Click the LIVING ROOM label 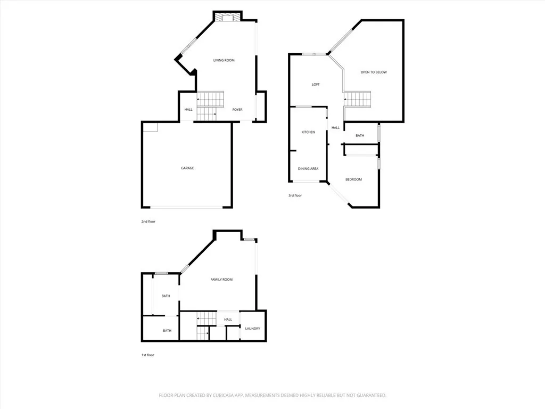[224, 60]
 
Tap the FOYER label [237, 110]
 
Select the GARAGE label [187, 168]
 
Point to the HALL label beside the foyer [188, 110]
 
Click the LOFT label [316, 85]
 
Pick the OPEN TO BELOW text [374, 72]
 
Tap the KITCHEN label [308, 132]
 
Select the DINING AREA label [308, 169]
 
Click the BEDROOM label [353, 179]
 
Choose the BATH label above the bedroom [360, 136]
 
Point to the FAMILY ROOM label [221, 280]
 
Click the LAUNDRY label [253, 329]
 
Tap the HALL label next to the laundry [228, 320]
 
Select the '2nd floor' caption [148, 221]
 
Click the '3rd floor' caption [295, 195]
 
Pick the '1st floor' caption [147, 355]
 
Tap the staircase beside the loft [357, 99]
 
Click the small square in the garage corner [151, 127]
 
